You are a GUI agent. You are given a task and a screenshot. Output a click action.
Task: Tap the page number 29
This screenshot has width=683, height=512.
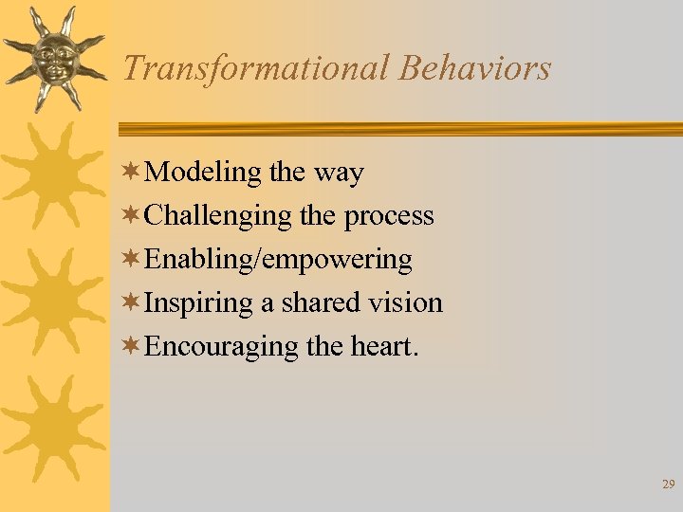[x=668, y=485]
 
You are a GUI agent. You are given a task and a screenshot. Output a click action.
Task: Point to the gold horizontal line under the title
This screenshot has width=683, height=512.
[x=398, y=129]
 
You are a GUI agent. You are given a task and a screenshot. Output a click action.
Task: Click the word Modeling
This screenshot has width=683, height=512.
[x=204, y=173]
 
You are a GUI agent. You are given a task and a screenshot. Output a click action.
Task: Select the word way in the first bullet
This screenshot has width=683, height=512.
[x=338, y=173]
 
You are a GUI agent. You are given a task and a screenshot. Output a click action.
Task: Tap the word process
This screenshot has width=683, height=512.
[x=389, y=216]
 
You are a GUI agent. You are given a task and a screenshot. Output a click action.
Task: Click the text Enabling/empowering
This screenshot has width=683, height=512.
[x=279, y=260]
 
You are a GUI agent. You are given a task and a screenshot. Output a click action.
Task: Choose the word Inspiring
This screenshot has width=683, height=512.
[x=199, y=303]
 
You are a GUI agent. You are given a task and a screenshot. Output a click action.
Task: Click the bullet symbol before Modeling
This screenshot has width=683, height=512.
[x=133, y=173]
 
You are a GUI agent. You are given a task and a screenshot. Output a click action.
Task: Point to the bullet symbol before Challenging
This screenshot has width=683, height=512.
[x=133, y=216]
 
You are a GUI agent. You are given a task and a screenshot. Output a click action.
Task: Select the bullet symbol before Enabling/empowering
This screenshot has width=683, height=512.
[x=133, y=260]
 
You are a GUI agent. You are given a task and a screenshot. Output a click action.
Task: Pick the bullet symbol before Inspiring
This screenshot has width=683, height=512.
[x=133, y=303]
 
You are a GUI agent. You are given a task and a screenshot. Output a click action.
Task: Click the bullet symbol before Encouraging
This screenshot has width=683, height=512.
[x=133, y=347]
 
